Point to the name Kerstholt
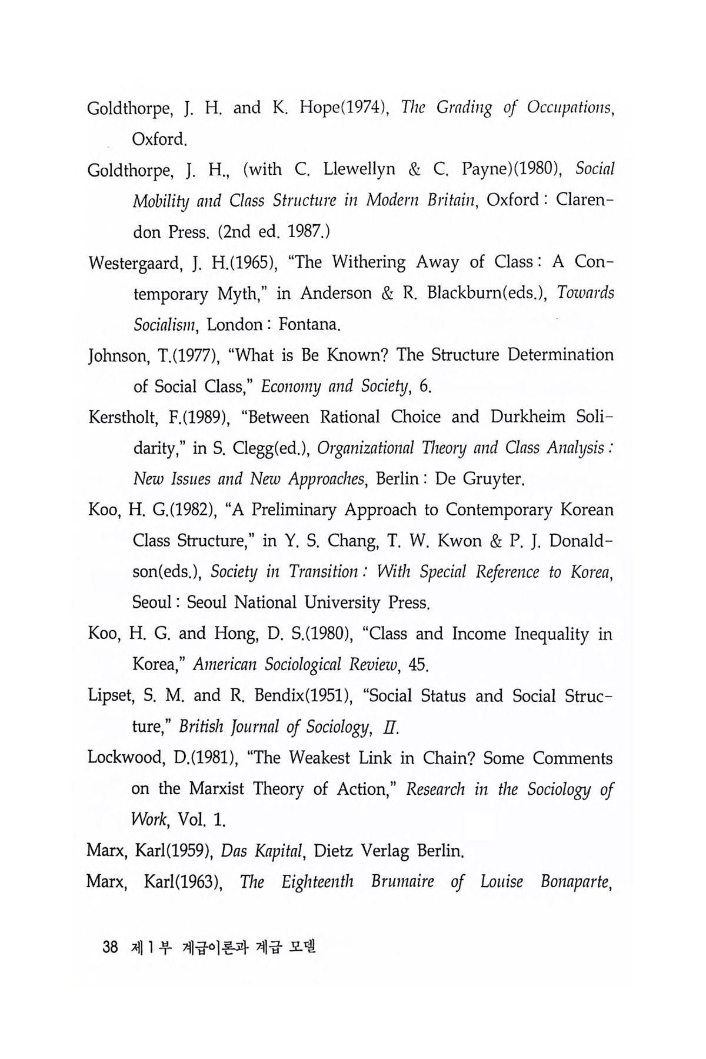[122, 418]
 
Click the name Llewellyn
[359, 171]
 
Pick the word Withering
[368, 263]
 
